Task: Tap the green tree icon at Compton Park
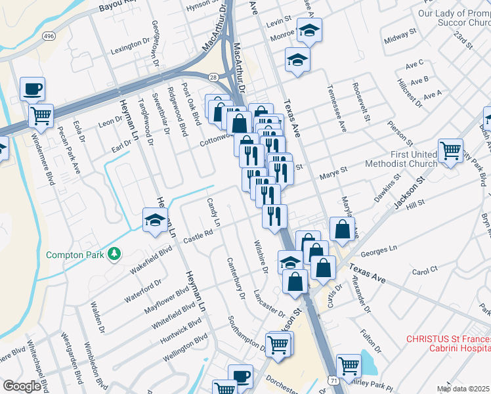click(114, 253)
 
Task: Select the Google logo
click(22, 386)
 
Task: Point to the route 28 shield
click(214, 77)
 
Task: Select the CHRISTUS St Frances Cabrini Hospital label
click(448, 344)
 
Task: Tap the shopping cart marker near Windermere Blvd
click(41, 116)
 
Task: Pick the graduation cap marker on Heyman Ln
click(155, 220)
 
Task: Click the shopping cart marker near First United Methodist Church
click(450, 150)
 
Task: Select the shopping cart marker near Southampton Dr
click(279, 343)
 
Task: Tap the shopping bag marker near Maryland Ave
click(342, 229)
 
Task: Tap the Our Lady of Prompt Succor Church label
click(454, 18)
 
